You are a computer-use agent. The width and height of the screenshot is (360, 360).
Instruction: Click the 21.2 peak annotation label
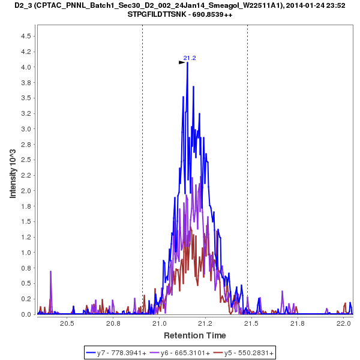click(x=190, y=58)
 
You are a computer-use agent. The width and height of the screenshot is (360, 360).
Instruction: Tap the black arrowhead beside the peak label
click(x=182, y=62)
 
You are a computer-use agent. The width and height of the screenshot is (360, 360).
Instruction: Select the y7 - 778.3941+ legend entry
click(x=122, y=353)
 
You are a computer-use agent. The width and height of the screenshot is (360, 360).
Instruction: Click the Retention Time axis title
click(x=195, y=335)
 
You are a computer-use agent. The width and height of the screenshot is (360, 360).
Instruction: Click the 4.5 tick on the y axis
click(x=26, y=36)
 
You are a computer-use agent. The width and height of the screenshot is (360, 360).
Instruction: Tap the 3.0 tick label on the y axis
click(x=26, y=129)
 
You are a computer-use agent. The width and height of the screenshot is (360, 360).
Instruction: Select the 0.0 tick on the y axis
click(x=26, y=314)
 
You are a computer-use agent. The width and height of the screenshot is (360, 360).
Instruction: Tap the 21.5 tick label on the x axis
click(x=251, y=323)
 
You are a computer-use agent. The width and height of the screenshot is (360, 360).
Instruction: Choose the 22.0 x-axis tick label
click(x=344, y=323)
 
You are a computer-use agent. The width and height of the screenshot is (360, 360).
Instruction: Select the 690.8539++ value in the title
click(x=211, y=14)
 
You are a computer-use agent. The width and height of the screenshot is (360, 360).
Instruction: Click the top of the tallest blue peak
click(x=188, y=63)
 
